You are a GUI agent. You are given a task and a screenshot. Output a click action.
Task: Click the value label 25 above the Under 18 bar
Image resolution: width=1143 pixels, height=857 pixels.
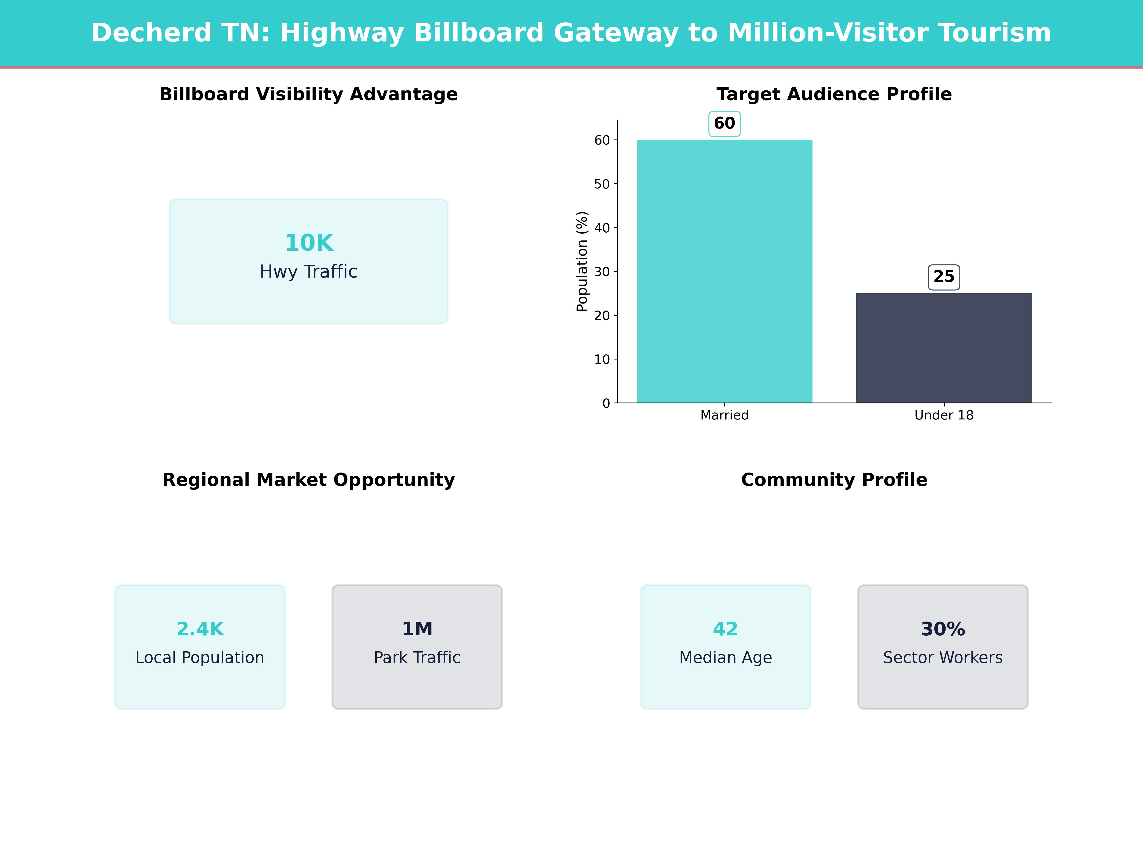pyautogui.click(x=943, y=277)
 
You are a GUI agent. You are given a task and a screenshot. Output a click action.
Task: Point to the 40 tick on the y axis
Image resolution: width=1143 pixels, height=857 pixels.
pyautogui.click(x=602, y=228)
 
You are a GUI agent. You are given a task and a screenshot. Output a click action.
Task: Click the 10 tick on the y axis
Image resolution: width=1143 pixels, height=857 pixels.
pyautogui.click(x=602, y=359)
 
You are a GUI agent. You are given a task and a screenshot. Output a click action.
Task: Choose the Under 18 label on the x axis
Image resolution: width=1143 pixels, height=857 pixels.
pyautogui.click(x=943, y=415)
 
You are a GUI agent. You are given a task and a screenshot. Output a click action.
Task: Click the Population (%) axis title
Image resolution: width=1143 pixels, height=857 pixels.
pyautogui.click(x=582, y=261)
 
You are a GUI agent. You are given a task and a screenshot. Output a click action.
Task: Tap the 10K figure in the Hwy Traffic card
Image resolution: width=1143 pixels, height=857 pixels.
pyautogui.click(x=309, y=243)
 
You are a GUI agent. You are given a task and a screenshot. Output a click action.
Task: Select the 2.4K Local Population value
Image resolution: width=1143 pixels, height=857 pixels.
pyautogui.click(x=200, y=629)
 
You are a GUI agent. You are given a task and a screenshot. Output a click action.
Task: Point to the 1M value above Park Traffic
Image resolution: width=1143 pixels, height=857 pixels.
pyautogui.click(x=417, y=629)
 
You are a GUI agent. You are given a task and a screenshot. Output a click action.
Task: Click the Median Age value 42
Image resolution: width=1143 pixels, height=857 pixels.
pyautogui.click(x=726, y=629)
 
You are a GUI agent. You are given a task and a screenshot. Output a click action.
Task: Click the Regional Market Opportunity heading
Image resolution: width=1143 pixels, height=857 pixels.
pyautogui.click(x=308, y=480)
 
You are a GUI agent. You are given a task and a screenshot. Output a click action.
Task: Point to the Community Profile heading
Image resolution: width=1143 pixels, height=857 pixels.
pyautogui.click(x=834, y=480)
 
